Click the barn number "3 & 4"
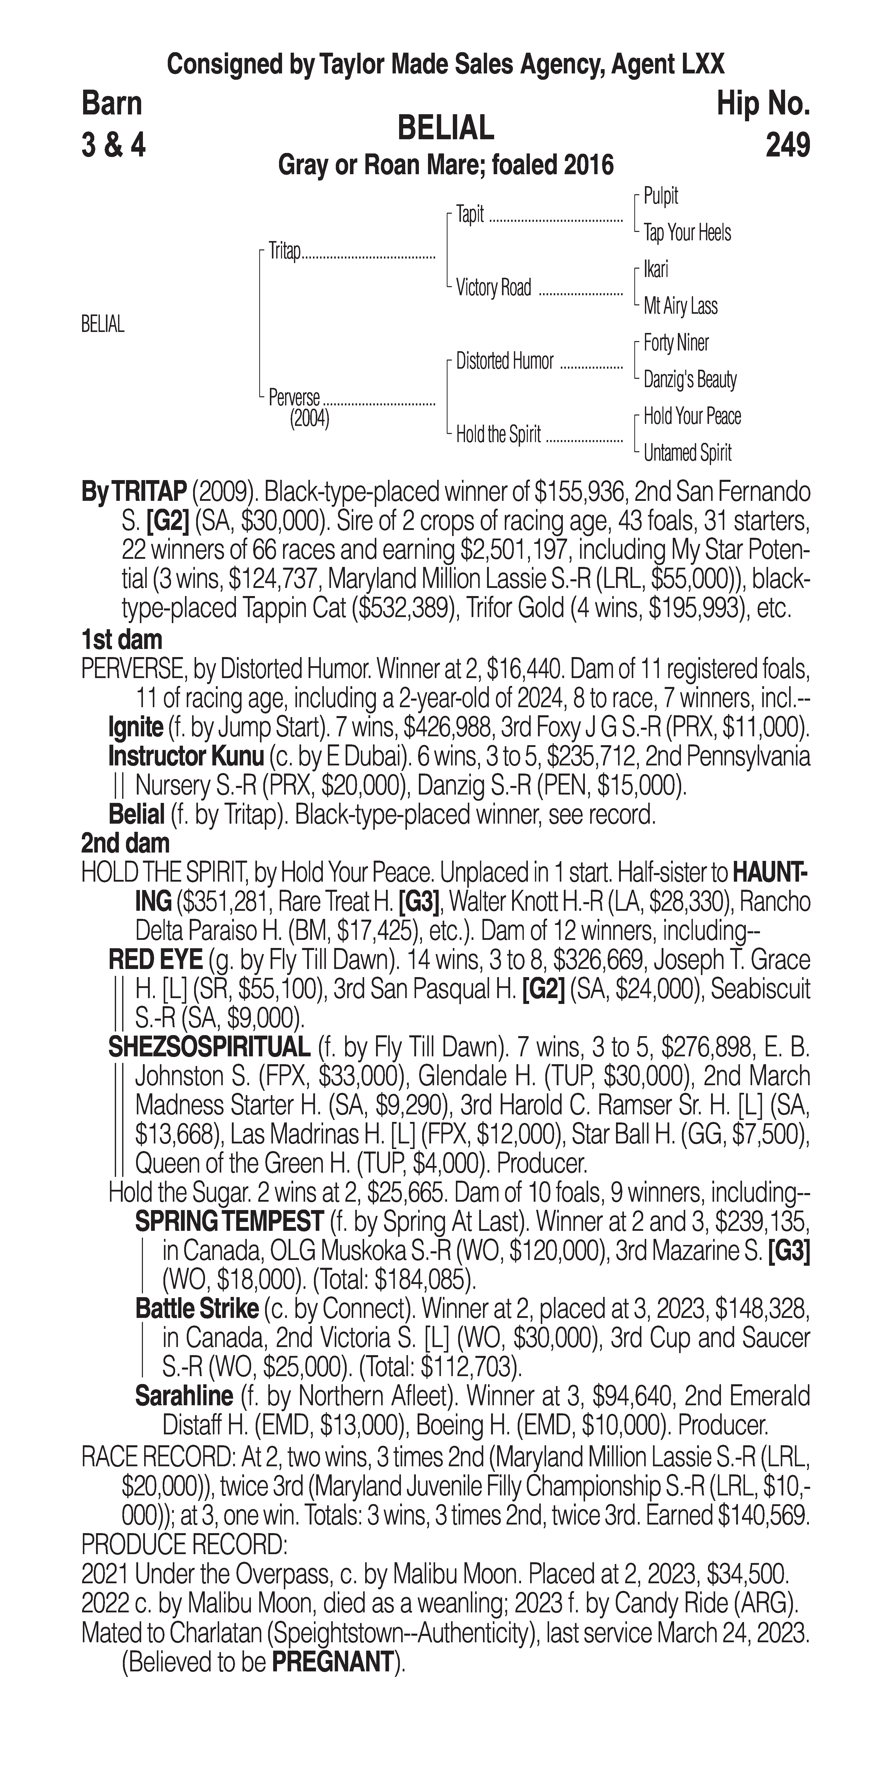coord(114,146)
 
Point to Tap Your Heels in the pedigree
coord(687,233)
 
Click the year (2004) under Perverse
coord(309,419)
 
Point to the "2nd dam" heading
coord(125,843)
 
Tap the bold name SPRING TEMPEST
coord(229,1222)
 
